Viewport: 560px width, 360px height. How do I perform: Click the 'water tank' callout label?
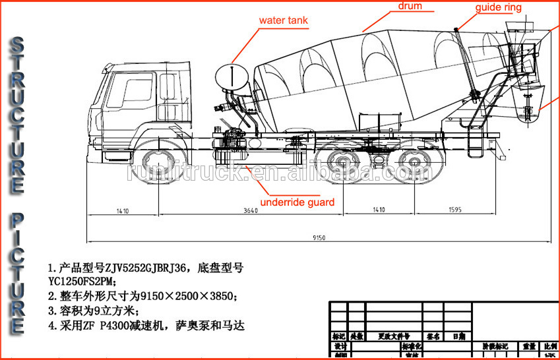[x=283, y=20]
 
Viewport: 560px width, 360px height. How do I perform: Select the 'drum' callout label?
[x=410, y=7]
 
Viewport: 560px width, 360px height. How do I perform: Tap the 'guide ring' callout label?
[x=499, y=8]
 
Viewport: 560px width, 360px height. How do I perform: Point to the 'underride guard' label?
[x=297, y=202]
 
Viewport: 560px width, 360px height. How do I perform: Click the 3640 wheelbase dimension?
[x=246, y=211]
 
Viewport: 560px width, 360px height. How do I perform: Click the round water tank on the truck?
[x=235, y=76]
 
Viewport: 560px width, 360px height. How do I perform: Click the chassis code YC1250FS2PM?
[x=82, y=282]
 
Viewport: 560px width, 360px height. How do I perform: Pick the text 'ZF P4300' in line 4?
[x=111, y=325]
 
